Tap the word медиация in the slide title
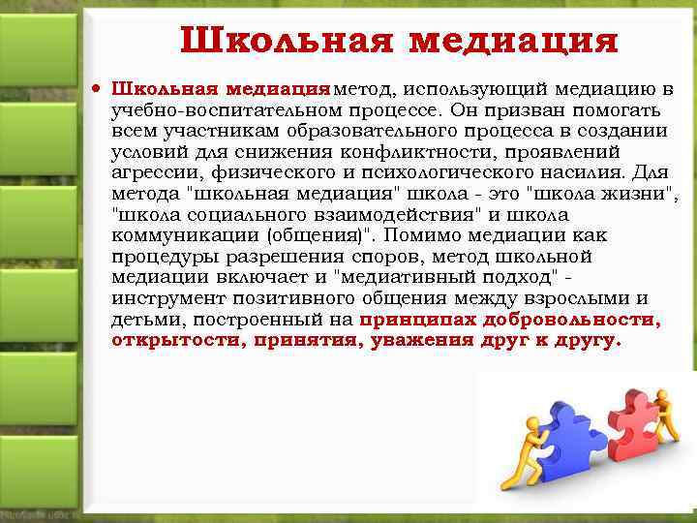[x=513, y=42]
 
